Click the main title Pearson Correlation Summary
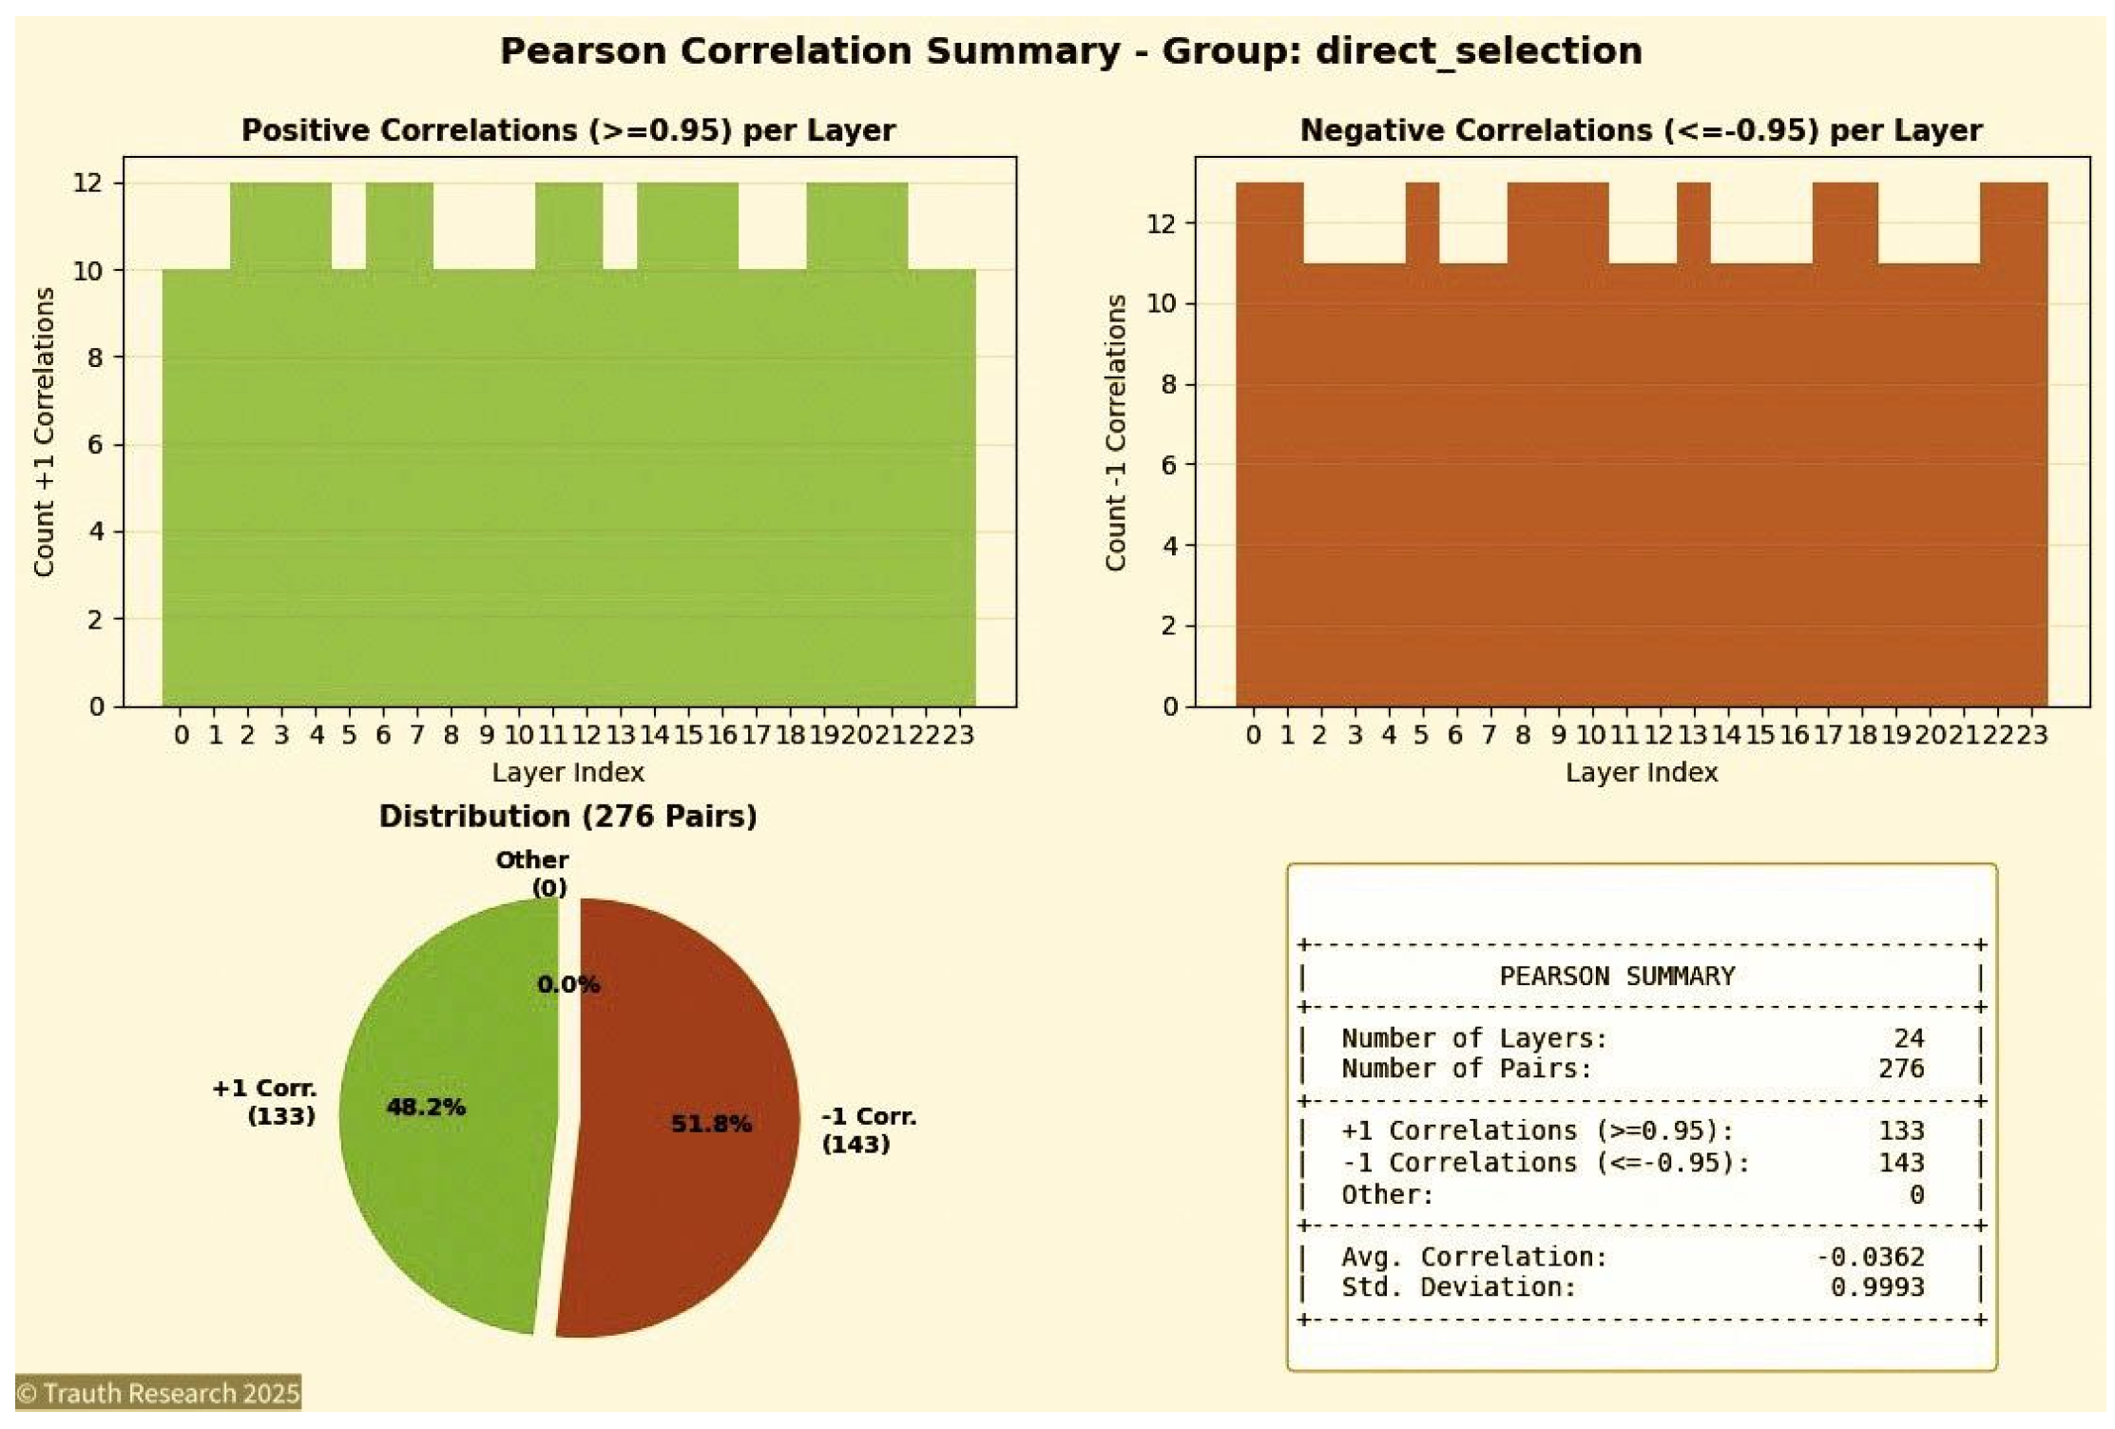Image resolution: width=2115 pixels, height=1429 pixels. (x=1070, y=50)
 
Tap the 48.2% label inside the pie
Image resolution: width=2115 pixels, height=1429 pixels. (x=426, y=1107)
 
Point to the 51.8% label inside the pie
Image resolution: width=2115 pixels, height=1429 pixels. (x=711, y=1124)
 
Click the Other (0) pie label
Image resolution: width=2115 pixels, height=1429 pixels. (x=532, y=873)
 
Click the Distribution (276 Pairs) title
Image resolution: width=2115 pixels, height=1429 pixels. (x=567, y=816)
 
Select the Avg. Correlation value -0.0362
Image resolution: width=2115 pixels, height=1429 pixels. (x=1870, y=1257)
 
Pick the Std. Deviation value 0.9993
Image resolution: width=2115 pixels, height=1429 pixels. (x=1876, y=1287)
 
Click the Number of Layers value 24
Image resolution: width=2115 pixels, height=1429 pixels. (x=1908, y=1038)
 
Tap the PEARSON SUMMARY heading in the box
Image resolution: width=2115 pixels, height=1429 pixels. (x=1616, y=976)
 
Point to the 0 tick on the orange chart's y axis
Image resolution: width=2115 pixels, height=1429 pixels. (x=1170, y=706)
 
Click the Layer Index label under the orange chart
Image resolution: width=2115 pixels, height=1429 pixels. (x=1642, y=772)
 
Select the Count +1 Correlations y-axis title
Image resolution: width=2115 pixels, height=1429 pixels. (x=44, y=433)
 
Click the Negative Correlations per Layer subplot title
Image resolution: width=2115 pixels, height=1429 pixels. (x=1641, y=130)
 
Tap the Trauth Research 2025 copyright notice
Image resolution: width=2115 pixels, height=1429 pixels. (x=159, y=1393)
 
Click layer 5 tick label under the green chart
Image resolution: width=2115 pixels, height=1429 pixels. (x=349, y=735)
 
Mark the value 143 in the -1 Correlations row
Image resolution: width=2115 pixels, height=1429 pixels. (x=1900, y=1163)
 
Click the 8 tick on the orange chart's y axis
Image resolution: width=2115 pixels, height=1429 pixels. (x=1168, y=384)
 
